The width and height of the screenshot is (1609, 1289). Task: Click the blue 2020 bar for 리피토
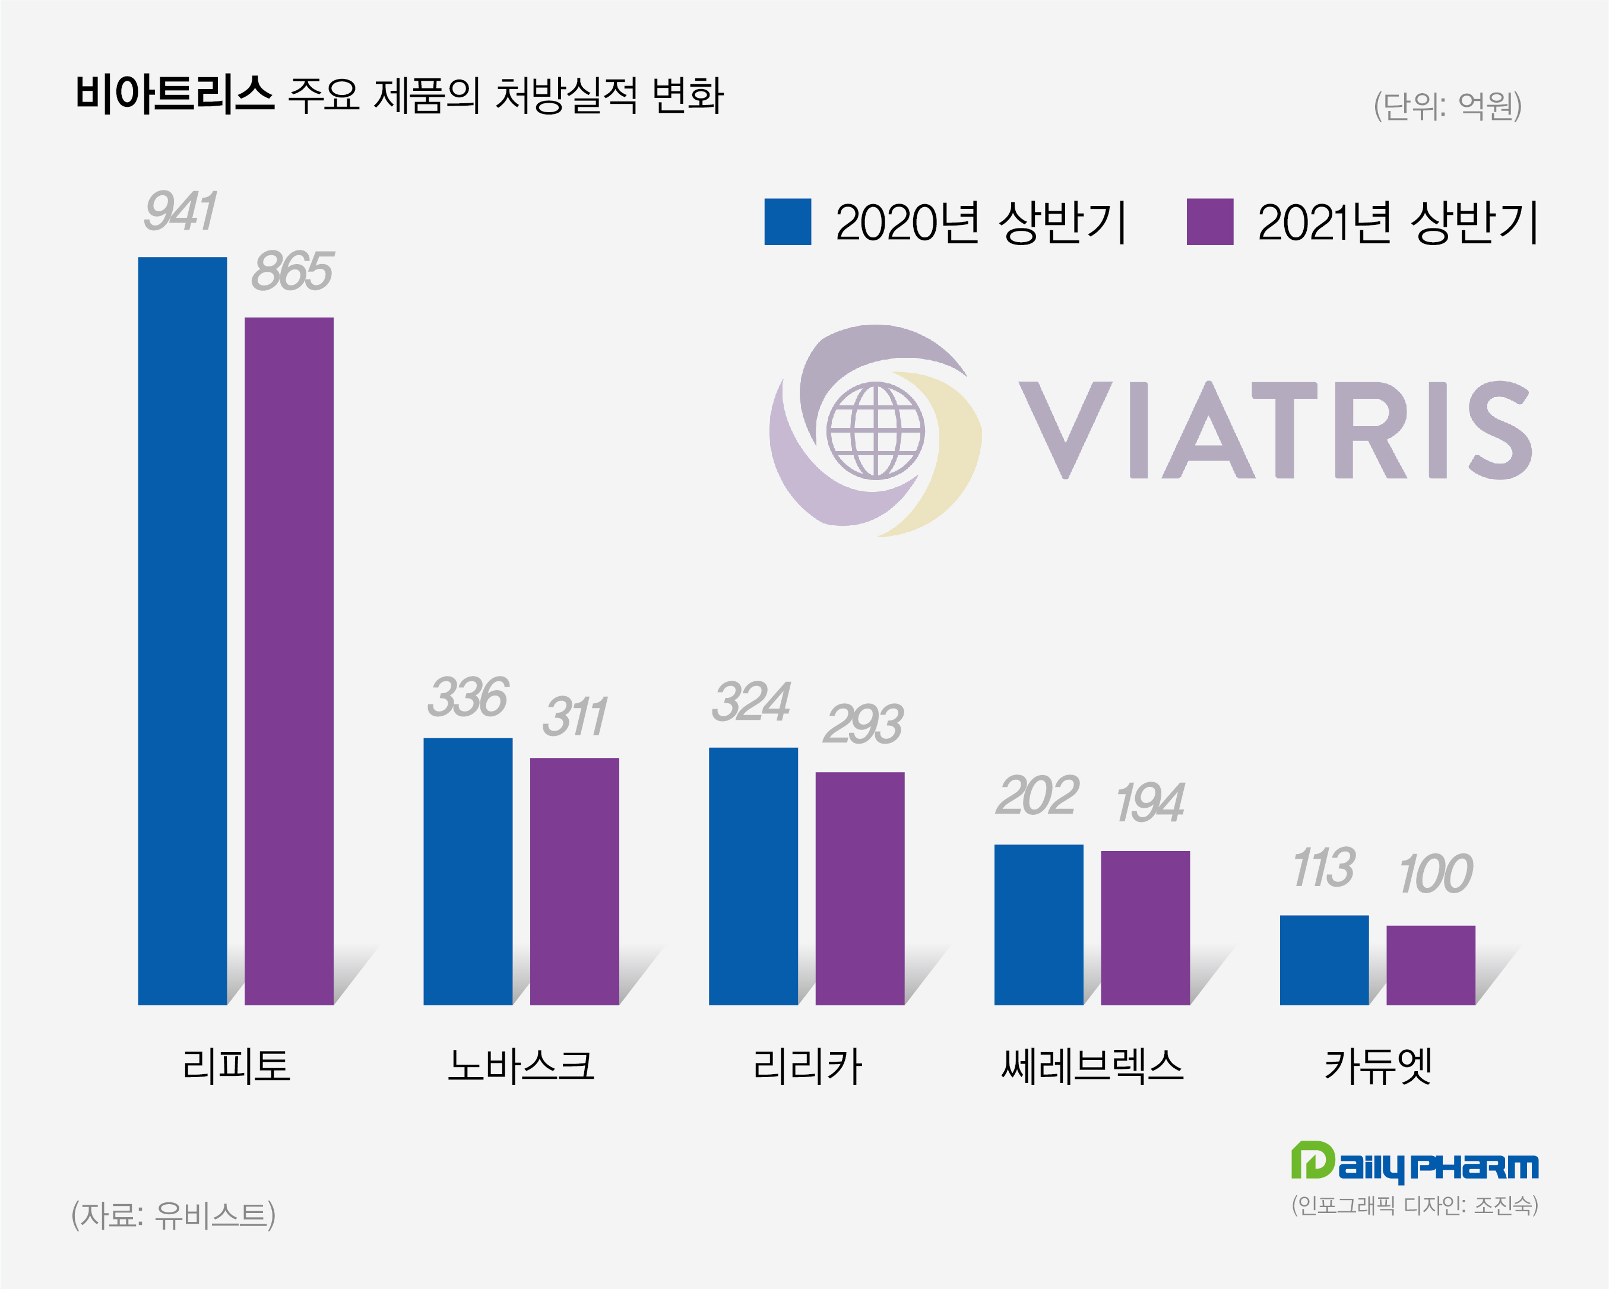tap(182, 630)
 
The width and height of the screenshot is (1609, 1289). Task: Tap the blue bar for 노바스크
tap(468, 871)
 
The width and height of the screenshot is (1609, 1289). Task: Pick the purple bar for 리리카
tap(860, 888)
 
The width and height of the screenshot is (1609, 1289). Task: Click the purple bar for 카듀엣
tap(1431, 964)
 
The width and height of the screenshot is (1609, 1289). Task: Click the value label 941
tap(180, 211)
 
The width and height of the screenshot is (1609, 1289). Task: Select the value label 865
tap(292, 272)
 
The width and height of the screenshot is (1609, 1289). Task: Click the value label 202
tap(1037, 796)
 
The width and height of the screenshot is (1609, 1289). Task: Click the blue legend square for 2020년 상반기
tap(787, 221)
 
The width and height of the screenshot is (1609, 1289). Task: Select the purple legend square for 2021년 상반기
tap(1210, 221)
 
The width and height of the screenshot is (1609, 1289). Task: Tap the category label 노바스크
tap(521, 1065)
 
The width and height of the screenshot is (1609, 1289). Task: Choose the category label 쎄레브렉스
tap(1092, 1065)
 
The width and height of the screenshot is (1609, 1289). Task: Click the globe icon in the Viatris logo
tap(875, 430)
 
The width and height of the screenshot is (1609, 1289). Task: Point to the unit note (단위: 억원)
tap(1447, 106)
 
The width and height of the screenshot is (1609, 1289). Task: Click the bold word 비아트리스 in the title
tap(175, 95)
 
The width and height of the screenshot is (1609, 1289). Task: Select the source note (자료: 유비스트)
tap(173, 1214)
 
